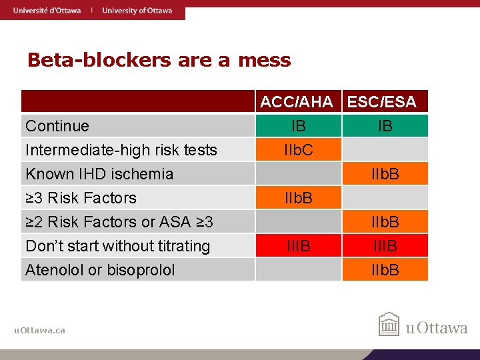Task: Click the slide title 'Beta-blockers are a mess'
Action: coord(159,60)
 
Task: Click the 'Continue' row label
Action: coord(57,126)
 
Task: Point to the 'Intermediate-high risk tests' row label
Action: coord(121,150)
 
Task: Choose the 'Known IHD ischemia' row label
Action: coord(99,174)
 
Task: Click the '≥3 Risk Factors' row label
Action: coord(81,198)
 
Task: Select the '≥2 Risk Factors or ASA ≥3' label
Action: coord(119,221)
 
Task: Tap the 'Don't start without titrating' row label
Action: coord(117,246)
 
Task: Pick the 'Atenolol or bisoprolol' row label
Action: coord(100,270)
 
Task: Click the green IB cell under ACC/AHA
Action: coord(298,126)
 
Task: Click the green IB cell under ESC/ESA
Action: coord(385,126)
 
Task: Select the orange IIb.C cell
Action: coord(298,150)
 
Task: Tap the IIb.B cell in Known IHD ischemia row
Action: coord(385,174)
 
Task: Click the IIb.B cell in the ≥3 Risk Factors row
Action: coord(298,198)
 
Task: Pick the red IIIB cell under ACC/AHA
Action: coord(298,246)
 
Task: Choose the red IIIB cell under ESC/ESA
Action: coord(385,246)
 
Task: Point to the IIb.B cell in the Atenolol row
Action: coord(385,270)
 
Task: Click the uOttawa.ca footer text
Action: coord(40,330)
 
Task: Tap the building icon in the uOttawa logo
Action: coord(389,325)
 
